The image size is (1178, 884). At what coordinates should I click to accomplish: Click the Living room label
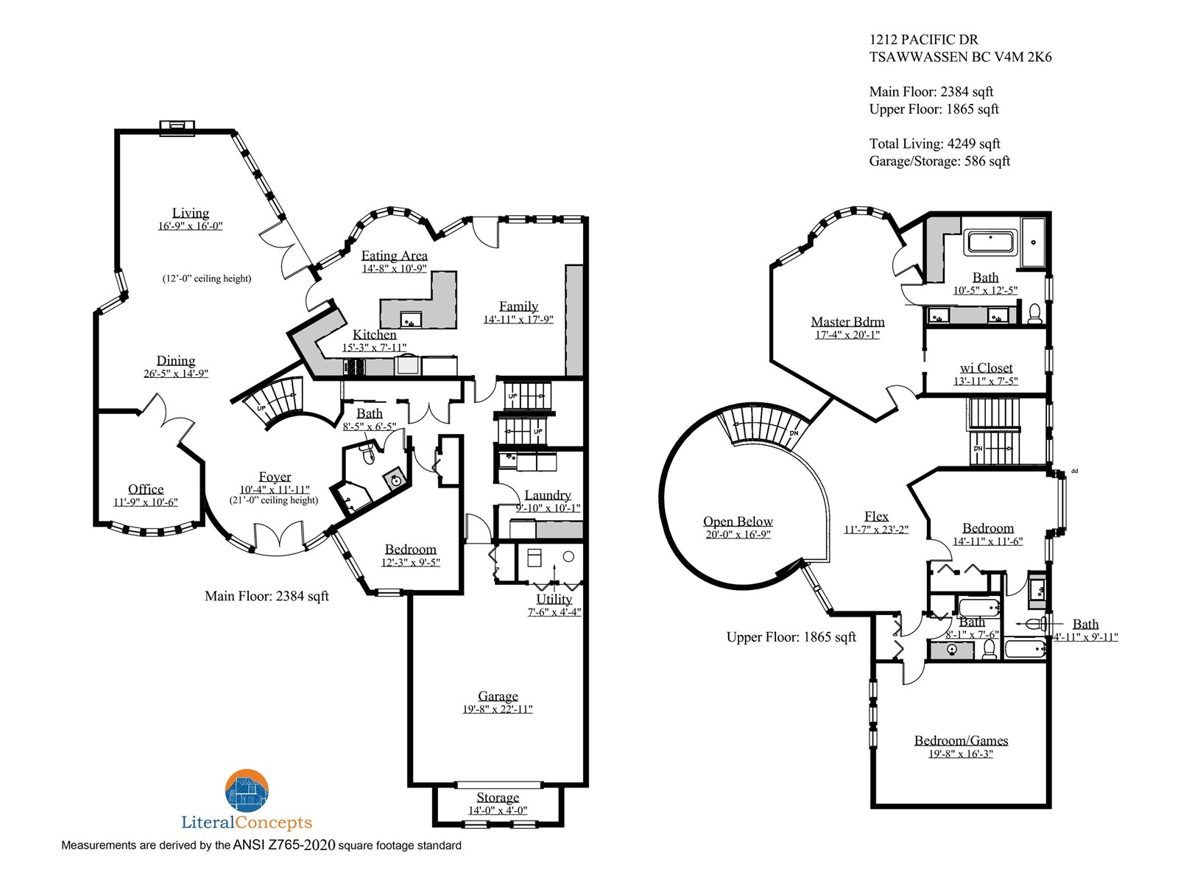pos(191,213)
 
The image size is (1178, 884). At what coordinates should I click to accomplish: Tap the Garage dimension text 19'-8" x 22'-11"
pos(498,709)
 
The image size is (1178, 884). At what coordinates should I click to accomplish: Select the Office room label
pos(146,489)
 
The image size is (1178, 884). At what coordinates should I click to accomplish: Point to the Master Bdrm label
pos(847,321)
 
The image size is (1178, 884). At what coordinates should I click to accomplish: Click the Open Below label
pos(738,521)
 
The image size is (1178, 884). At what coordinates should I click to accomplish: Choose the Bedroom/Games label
pos(961,740)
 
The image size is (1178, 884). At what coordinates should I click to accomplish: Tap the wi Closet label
pos(986,368)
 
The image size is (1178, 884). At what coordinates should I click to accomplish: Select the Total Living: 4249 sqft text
pos(934,144)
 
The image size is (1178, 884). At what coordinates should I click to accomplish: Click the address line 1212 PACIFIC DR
pos(923,40)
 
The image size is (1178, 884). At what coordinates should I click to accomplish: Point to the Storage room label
pos(498,798)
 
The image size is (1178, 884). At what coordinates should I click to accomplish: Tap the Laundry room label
pos(548,495)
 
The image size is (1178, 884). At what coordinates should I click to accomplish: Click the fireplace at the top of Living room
pos(177,127)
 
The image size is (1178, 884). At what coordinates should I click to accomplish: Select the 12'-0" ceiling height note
pos(207,278)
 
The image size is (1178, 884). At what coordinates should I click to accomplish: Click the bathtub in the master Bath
pos(991,242)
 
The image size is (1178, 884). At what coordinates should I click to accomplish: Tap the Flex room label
pos(876,516)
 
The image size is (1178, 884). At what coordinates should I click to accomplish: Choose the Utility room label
pos(554,599)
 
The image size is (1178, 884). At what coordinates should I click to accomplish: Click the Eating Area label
pos(394,256)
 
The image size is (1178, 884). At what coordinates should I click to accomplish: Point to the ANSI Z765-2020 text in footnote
pos(284,845)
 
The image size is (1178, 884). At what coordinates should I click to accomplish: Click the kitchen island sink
pos(411,320)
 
